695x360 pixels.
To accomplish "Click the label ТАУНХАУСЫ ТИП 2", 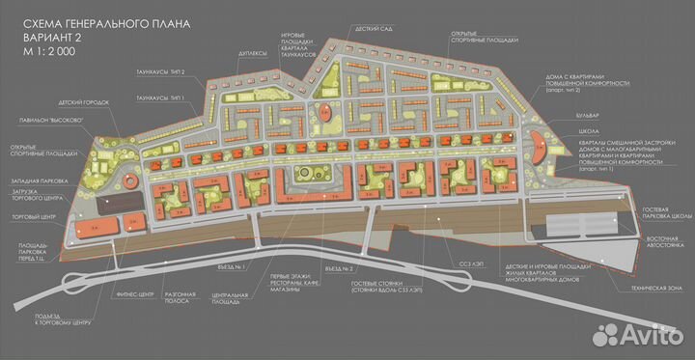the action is click(160, 71).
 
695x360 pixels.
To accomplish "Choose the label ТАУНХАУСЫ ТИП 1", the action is click(160, 99).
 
